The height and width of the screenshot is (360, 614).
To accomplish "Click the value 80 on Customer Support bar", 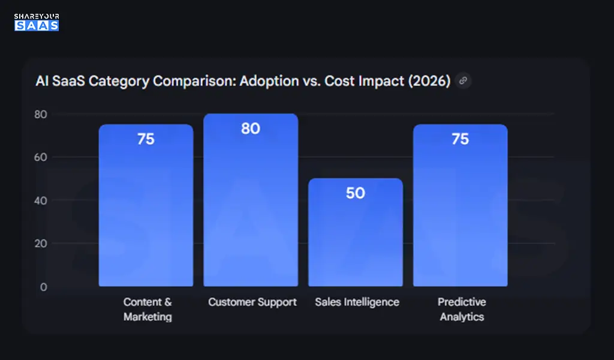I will click(x=251, y=128).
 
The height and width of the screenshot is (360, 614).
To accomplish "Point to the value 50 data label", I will click(x=356, y=193).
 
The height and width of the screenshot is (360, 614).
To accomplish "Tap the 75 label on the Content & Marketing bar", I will click(x=146, y=139).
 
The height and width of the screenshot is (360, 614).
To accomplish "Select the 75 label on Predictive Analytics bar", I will click(x=460, y=139).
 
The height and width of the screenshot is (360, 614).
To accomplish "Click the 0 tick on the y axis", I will click(x=43, y=287).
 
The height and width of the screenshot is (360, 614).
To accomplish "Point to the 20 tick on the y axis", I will click(x=41, y=244).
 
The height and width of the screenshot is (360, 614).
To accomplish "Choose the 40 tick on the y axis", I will click(x=41, y=200).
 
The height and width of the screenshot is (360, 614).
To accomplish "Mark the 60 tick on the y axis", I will click(x=41, y=157).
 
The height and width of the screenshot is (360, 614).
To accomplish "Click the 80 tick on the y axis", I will click(x=41, y=114).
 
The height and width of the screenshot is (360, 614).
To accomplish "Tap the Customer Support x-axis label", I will click(x=252, y=302).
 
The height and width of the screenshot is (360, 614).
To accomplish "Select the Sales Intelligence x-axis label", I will click(x=357, y=302).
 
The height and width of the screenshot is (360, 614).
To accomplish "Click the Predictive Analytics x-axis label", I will click(x=461, y=309).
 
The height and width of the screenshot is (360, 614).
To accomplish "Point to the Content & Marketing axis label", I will click(x=148, y=309).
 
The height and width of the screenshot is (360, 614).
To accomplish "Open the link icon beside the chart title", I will click(x=462, y=80).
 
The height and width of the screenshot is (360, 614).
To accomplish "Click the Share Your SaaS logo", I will click(x=37, y=22).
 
